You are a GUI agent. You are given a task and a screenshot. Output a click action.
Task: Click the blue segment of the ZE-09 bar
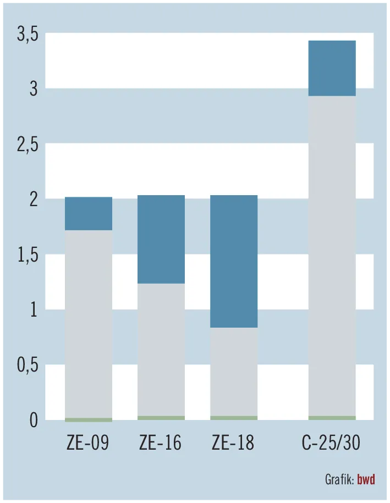click(x=89, y=213)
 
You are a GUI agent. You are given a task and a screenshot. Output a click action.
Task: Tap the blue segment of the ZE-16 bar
click(x=161, y=239)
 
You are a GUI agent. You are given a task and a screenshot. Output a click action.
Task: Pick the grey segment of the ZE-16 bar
click(x=161, y=350)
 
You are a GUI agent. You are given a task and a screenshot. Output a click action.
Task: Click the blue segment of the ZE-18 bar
click(x=234, y=261)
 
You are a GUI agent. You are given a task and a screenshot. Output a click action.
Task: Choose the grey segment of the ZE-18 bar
click(x=234, y=372)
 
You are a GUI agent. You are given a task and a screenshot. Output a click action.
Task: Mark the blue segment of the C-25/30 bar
click(x=332, y=68)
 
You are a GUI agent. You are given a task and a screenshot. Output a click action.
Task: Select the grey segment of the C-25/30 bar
click(x=332, y=256)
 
